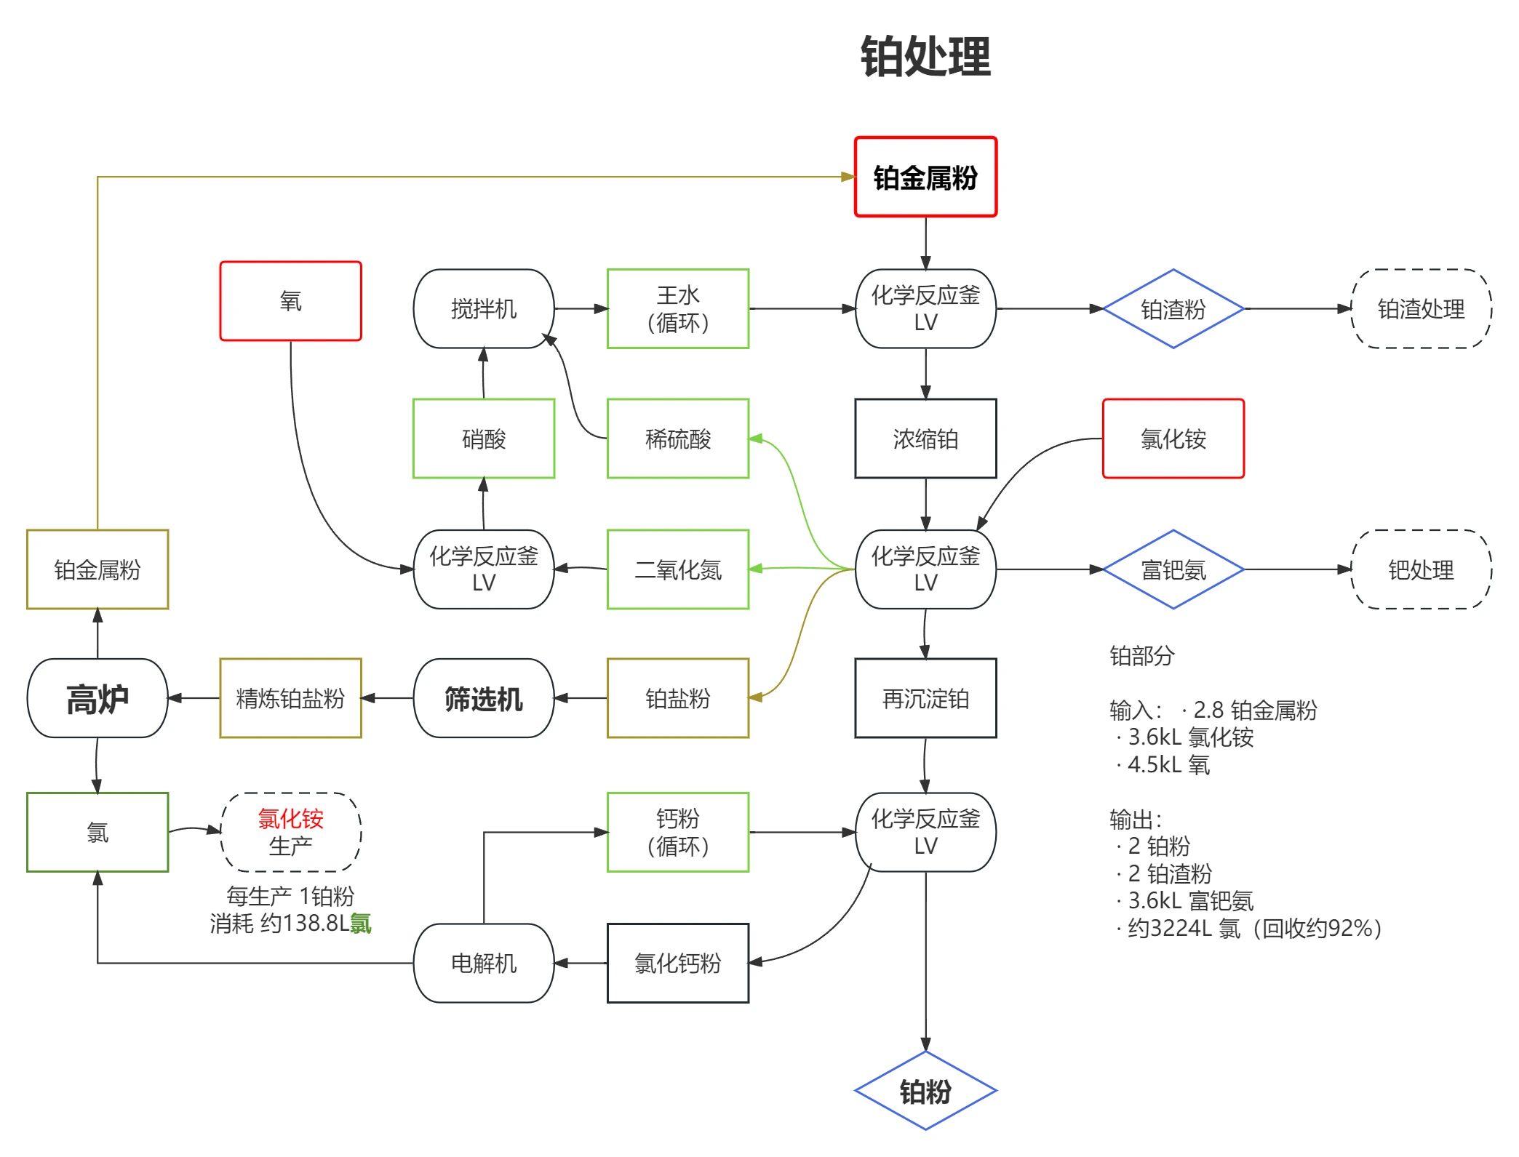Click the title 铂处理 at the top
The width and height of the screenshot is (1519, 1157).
(x=925, y=57)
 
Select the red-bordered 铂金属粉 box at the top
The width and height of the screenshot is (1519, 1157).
(x=925, y=177)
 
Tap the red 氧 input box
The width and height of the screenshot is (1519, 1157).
(x=290, y=301)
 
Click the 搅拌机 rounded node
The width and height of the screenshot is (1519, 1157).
(x=483, y=309)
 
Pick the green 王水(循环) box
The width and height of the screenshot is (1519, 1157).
(x=677, y=309)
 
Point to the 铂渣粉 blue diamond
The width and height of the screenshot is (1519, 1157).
(x=1173, y=309)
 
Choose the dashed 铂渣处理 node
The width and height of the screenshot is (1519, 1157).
(x=1420, y=309)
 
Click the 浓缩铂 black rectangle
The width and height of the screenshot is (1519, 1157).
(x=925, y=439)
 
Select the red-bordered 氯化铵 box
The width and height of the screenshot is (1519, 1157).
(x=1173, y=439)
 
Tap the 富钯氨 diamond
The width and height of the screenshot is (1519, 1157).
(x=1173, y=569)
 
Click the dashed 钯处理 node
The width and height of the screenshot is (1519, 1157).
(x=1420, y=569)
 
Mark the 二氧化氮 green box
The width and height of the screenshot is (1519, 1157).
(x=677, y=569)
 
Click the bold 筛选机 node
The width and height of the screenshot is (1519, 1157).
(x=483, y=699)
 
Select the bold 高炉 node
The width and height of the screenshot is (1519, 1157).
(x=97, y=699)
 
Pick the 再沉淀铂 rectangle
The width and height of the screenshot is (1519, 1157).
(x=925, y=699)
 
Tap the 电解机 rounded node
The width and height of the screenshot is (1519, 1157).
(x=483, y=963)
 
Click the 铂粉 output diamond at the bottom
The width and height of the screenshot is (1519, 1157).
(x=925, y=1091)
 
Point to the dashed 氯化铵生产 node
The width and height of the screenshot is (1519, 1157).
(x=290, y=832)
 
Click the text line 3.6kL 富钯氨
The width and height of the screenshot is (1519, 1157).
(x=1190, y=901)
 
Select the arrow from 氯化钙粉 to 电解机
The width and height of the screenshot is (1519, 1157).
(x=581, y=963)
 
